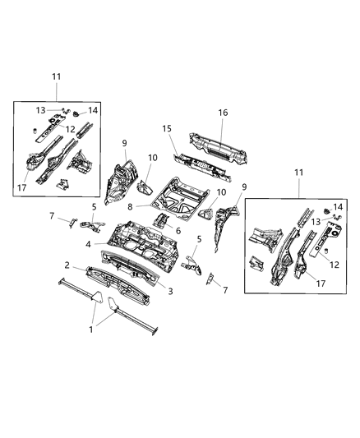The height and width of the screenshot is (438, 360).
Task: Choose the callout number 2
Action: tap(67, 266)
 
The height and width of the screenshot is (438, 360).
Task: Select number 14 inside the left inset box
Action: tap(92, 110)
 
